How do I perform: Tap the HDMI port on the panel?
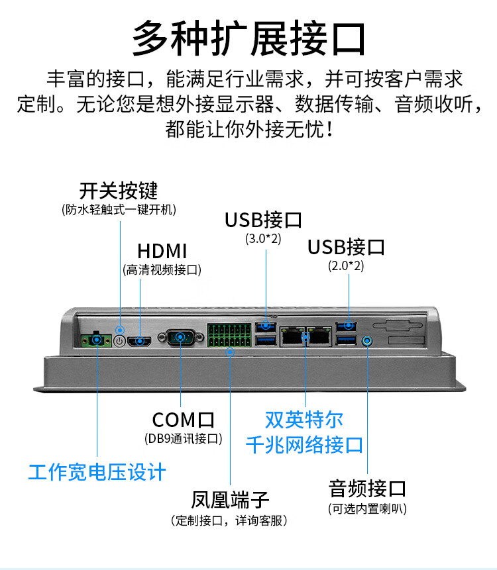(x=140, y=341)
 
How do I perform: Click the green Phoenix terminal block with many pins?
(x=229, y=336)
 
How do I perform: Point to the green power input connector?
(x=97, y=341)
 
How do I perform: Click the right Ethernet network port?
(x=320, y=336)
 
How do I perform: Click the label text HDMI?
(x=162, y=252)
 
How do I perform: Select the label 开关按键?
(x=119, y=191)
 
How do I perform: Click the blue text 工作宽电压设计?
(x=97, y=472)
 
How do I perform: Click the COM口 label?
(x=183, y=420)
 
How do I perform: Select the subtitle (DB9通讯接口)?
(x=183, y=438)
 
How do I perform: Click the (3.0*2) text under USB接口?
(x=263, y=238)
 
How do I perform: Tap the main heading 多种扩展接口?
(x=248, y=38)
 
